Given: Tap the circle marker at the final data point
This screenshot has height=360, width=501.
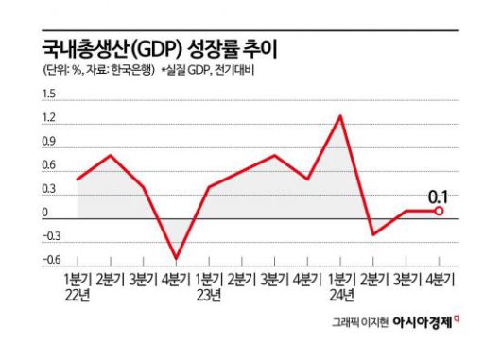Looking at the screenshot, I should pos(439,211).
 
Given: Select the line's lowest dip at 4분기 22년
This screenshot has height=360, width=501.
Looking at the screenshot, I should pos(176,258).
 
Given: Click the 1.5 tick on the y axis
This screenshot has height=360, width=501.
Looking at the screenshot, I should pos(49,94).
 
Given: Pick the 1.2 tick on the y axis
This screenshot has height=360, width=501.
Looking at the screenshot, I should pos(49,119).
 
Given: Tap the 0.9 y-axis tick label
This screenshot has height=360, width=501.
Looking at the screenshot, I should pos(49,143).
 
